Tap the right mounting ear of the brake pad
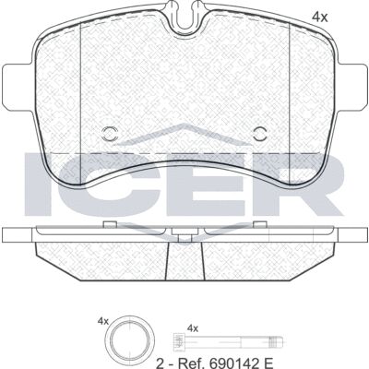351,87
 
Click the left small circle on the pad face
109,134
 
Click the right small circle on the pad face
260,134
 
